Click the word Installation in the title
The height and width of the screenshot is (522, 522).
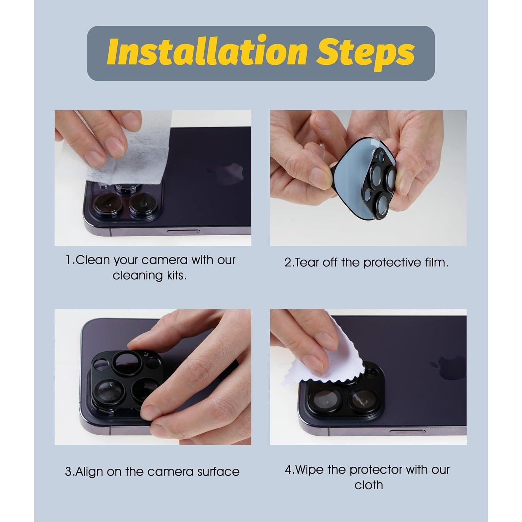(207, 53)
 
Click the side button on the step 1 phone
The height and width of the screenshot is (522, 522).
(183, 231)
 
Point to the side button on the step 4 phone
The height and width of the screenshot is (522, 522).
(407, 432)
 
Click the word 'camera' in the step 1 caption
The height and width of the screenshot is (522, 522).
(165, 260)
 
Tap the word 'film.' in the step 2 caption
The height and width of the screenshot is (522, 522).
(437, 262)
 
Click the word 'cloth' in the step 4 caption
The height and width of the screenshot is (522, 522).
(369, 485)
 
